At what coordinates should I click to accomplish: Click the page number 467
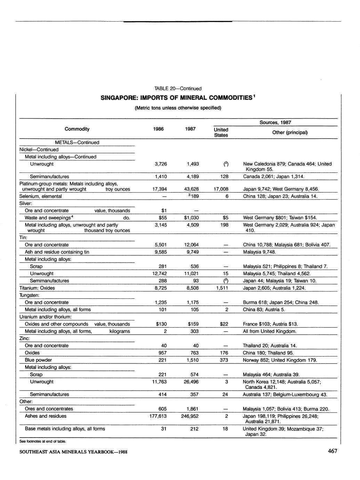pos(332,451)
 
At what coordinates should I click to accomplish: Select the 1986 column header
pos(161,129)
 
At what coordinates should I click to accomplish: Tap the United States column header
pos(221,132)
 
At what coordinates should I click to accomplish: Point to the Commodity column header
pos(77,129)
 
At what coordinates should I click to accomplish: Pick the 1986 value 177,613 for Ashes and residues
pos(158,416)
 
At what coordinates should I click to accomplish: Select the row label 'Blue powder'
pos(38,360)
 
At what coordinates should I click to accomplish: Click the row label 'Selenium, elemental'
pos(40,196)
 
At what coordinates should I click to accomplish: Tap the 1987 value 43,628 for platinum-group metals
pos(191,189)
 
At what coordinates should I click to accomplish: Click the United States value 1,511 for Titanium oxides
pos(222,288)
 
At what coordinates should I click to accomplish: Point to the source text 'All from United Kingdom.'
pos(270,331)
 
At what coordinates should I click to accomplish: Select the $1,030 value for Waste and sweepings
pos(191,218)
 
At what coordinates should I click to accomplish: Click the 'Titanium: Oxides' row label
pos(37,288)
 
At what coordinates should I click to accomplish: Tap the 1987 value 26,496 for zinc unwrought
pos(191,382)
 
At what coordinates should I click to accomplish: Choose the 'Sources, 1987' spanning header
pos(275,122)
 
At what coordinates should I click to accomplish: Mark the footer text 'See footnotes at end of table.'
pos(42,441)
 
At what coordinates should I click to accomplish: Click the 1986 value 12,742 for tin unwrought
pos(159,273)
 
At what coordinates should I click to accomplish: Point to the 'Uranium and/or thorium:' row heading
pos(45,317)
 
